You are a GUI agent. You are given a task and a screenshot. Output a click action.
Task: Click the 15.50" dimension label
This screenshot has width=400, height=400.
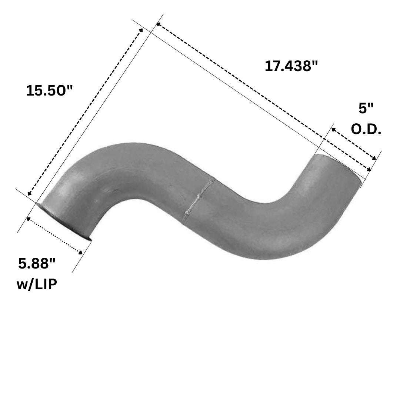50,91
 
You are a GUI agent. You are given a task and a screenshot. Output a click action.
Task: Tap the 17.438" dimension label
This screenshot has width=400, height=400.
291,66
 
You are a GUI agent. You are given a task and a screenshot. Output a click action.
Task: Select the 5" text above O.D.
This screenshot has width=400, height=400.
366,109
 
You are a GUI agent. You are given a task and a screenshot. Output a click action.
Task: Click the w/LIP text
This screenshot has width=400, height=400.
37,284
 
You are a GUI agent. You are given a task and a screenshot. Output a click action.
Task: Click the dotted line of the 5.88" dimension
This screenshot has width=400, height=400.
54,236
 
